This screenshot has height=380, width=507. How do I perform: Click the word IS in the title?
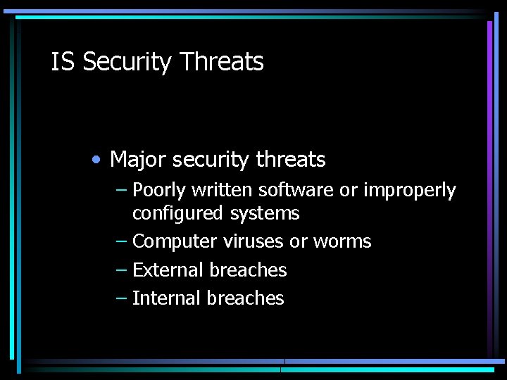(62, 62)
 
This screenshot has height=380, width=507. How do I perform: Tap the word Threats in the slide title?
(221, 62)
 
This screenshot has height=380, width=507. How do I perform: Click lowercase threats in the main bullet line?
(291, 160)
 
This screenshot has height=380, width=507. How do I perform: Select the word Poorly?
(158, 191)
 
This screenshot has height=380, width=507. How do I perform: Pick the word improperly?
(410, 191)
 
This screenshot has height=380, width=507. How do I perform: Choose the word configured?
(175, 213)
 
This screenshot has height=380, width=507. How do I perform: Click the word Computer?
(175, 241)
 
